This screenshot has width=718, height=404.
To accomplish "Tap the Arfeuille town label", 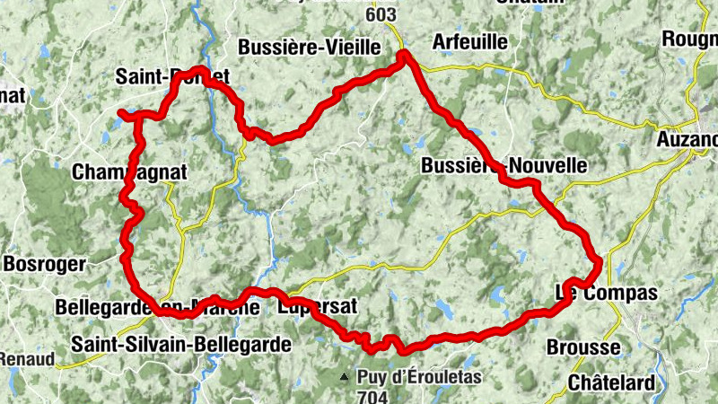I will point(469,41).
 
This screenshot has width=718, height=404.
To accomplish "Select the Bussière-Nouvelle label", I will point(503,166).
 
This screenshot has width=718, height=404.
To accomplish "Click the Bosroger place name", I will point(44,264).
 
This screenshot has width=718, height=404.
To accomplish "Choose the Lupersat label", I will point(318,307).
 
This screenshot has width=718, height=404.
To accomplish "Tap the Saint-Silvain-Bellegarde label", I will point(182,344).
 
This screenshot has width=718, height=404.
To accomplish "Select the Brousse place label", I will point(582,347).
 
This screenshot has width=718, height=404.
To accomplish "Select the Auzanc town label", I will point(687,140).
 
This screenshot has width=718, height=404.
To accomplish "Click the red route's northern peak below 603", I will point(404,57).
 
